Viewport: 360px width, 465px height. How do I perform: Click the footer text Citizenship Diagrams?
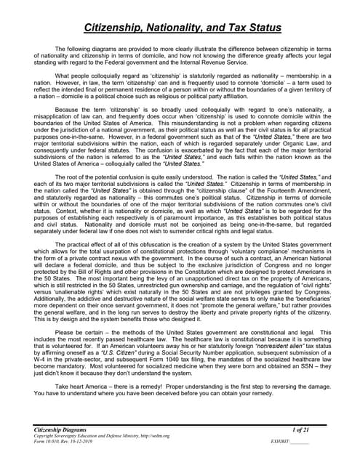click(60, 432)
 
